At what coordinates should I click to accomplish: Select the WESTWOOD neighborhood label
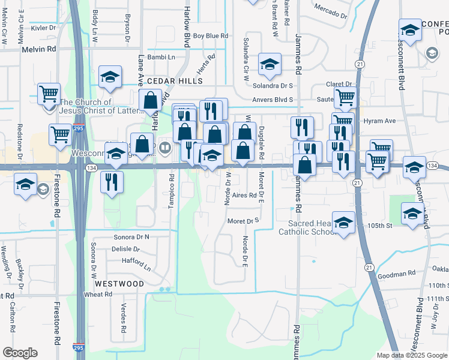119,283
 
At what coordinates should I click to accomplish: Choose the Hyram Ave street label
379,121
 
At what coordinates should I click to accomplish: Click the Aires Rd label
244,195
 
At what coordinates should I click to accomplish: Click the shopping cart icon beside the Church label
49,94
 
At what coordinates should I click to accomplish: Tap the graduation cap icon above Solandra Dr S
270,64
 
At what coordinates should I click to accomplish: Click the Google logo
20,353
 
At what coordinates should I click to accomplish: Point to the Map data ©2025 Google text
411,355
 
